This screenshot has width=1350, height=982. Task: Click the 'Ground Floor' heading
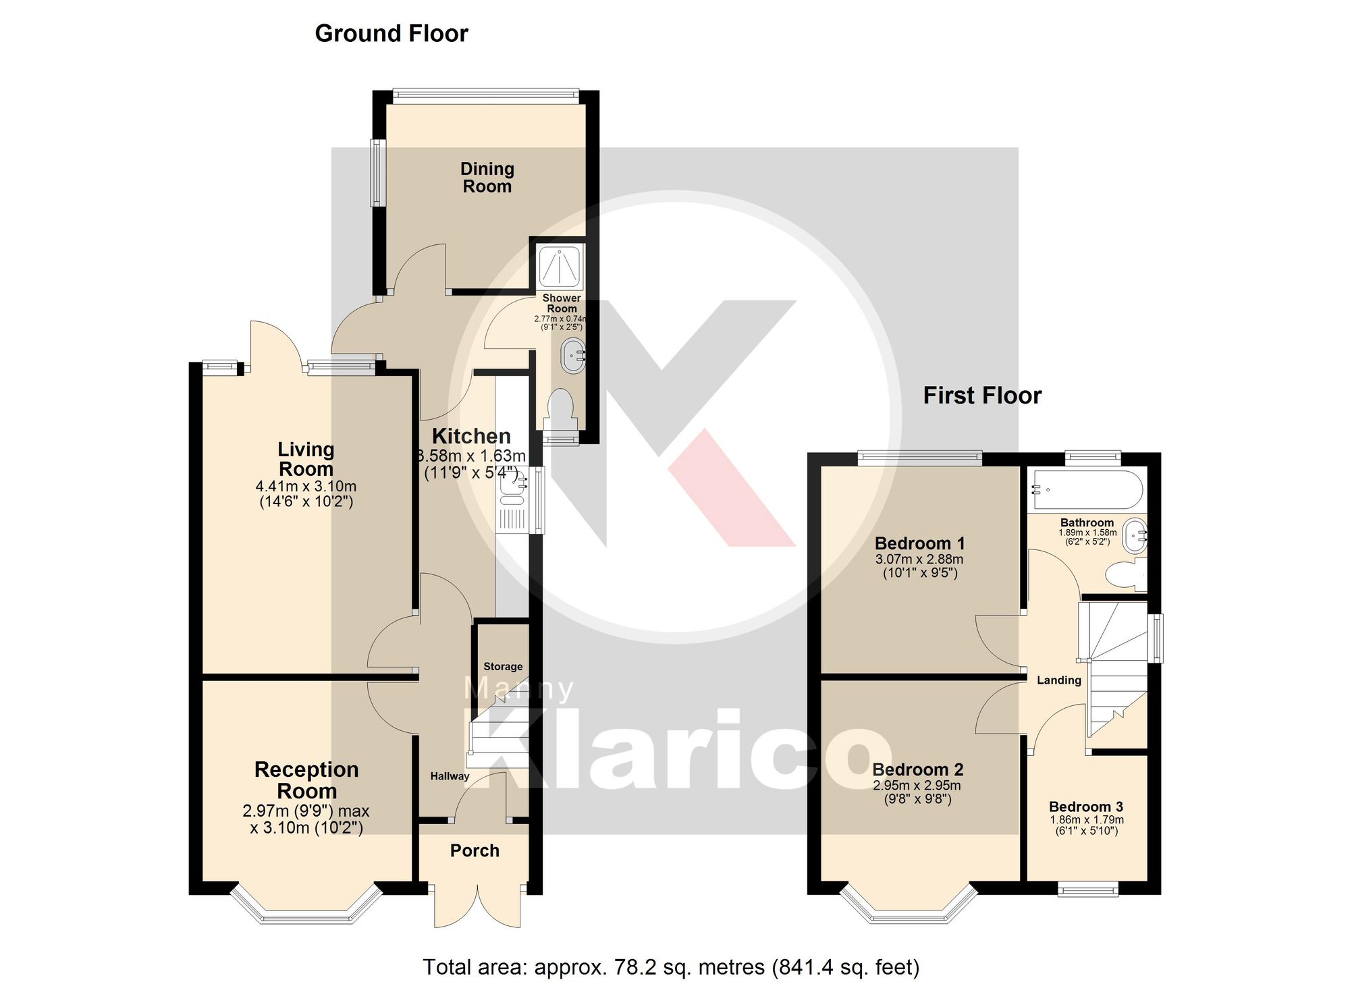(x=391, y=34)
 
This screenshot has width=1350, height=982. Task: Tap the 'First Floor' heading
(x=982, y=395)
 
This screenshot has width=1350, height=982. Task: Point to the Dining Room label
(x=487, y=178)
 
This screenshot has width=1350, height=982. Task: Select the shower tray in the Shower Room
(x=560, y=267)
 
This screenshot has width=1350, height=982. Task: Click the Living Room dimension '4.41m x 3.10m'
(x=306, y=486)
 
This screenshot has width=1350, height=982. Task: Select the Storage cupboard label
(x=503, y=667)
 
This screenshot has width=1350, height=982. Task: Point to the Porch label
(x=475, y=850)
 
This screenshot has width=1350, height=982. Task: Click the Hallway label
(x=450, y=776)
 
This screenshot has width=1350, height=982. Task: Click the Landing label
(x=1058, y=680)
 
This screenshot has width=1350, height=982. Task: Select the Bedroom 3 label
(x=1085, y=807)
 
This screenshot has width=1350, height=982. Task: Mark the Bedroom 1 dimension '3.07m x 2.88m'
(x=919, y=559)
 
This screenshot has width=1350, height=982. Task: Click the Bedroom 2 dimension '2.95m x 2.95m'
(x=917, y=786)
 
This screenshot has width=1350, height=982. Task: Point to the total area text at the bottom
(x=671, y=967)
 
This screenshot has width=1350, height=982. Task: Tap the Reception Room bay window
(x=307, y=908)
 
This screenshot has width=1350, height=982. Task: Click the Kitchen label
(x=471, y=436)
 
